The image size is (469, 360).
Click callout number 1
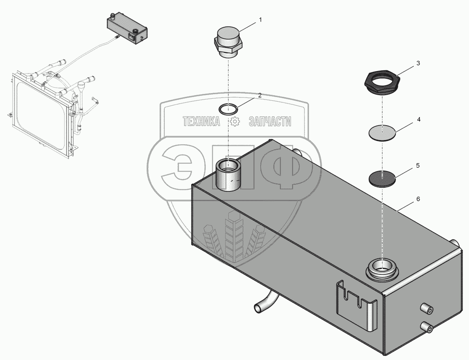pyautogui.click(x=261, y=20)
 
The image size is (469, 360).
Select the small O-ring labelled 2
pyautogui.click(x=228, y=109)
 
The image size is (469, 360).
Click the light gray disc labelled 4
pyautogui.click(x=382, y=132)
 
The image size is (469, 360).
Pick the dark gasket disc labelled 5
pyautogui.click(x=382, y=178)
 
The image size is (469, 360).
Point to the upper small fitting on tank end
pyautogui.click(x=427, y=308)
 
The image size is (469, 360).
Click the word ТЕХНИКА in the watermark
pyautogui.click(x=201, y=121)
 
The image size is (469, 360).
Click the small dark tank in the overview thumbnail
pyautogui.click(x=127, y=29)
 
